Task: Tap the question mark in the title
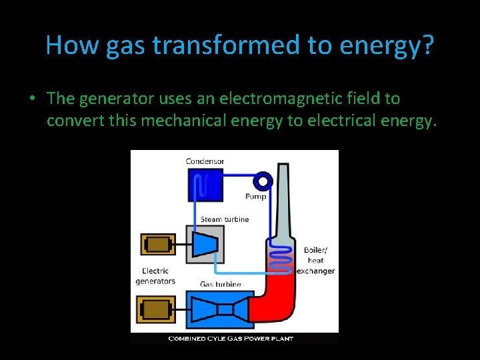point(427,45)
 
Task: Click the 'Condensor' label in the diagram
point(205,161)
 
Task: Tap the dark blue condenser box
point(205,185)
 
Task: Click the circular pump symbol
point(264,181)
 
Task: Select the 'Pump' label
point(256,196)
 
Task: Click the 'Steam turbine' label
point(225,219)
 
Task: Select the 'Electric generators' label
point(155,276)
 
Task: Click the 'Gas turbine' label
point(221,285)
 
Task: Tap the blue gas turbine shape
point(224,309)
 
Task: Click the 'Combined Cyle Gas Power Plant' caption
point(234,339)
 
